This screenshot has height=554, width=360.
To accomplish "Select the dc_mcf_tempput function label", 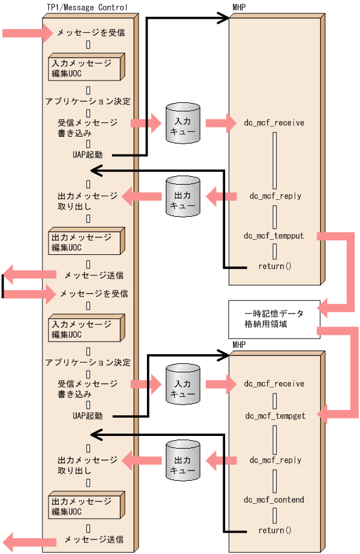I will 273,236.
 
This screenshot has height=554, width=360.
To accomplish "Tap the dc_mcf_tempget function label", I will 273,416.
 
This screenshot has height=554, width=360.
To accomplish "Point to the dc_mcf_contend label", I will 273,500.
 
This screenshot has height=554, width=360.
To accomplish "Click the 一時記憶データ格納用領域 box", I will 273,319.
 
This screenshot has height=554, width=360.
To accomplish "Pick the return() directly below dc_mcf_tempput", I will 275,266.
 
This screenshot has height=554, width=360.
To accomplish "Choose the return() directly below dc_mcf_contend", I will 275,530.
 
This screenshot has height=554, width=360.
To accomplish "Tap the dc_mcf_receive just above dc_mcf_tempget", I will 274,383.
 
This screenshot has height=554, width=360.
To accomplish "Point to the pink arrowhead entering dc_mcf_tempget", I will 324,415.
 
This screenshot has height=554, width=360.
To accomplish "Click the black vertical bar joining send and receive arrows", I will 2,286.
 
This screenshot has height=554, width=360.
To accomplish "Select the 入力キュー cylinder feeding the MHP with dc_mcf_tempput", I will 183,123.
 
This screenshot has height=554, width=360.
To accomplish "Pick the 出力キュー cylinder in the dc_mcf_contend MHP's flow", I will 183,461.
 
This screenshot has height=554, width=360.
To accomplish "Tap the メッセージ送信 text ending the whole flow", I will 94,539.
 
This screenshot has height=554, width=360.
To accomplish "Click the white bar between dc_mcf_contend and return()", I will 274,515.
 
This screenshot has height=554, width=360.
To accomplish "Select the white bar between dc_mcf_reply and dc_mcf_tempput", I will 274,216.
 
